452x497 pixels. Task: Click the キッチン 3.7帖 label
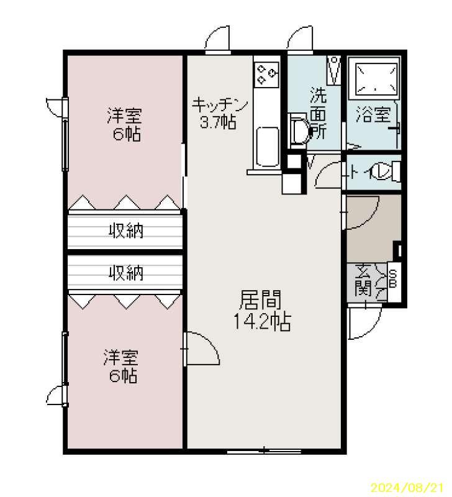(220, 113)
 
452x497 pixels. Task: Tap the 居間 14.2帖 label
(261, 310)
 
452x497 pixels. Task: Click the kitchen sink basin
(268, 147)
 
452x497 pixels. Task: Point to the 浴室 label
(374, 114)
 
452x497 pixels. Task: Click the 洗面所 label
(318, 112)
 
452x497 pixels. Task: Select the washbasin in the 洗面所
(299, 130)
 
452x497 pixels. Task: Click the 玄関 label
(363, 280)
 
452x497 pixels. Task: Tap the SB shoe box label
(393, 278)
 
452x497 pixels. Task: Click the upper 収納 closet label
(126, 230)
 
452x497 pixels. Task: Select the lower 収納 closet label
(126, 273)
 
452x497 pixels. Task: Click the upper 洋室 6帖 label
(124, 125)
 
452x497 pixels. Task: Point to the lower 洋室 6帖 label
(121, 366)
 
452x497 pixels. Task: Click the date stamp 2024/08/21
(410, 487)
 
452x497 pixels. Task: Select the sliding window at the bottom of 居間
(264, 451)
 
